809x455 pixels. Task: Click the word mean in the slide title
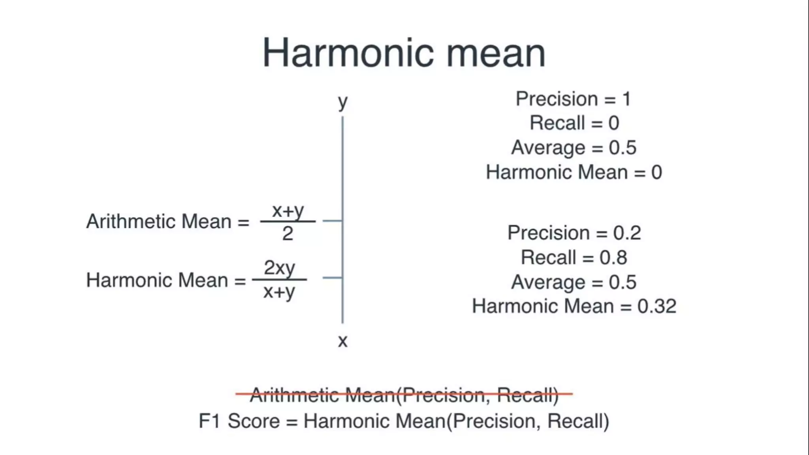(496, 55)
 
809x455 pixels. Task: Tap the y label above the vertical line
(342, 102)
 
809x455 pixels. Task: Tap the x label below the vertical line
(342, 341)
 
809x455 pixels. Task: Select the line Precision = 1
(573, 99)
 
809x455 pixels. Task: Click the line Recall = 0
(574, 123)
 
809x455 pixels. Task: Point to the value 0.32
(657, 306)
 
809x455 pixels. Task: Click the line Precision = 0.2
(574, 233)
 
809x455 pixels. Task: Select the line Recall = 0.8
(574, 258)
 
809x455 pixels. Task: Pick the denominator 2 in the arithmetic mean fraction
(288, 233)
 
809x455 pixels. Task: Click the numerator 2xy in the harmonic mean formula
(279, 268)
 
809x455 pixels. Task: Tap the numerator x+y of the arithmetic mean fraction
(288, 211)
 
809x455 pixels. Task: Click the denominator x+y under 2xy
(279, 292)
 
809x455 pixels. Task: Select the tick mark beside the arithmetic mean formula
(332, 221)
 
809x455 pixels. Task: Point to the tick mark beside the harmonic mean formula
(332, 278)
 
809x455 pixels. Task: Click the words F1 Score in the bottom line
(239, 421)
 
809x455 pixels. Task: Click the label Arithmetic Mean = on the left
(167, 222)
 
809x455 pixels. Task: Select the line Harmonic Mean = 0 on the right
(574, 173)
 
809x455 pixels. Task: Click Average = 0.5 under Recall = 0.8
(574, 282)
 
